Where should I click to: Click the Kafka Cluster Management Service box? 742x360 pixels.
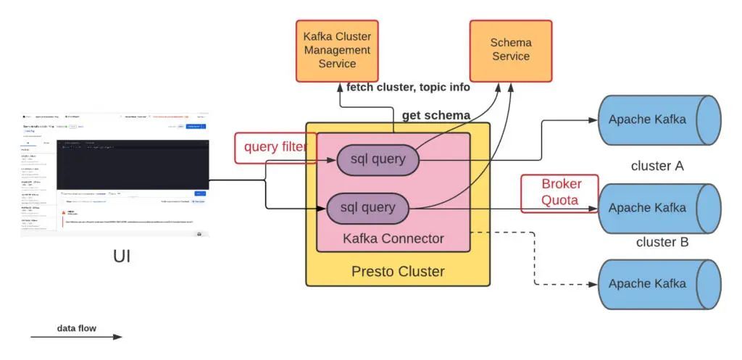tap(337, 51)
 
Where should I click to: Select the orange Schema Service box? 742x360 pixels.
tap(510, 50)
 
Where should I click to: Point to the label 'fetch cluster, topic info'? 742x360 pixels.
tap(408, 88)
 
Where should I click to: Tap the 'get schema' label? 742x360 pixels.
tap(436, 115)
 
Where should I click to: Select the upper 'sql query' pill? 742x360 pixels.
tap(378, 160)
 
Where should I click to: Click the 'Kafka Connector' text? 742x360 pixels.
tap(393, 238)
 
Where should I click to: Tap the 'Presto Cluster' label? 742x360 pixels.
tap(397, 272)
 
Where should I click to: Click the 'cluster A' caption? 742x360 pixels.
tap(657, 166)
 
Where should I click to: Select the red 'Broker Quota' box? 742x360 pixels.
tap(560, 193)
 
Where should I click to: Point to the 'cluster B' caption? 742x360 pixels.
tap(662, 242)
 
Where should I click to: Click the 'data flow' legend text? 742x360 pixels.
tap(76, 328)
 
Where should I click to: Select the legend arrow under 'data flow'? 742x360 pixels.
tap(76, 337)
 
